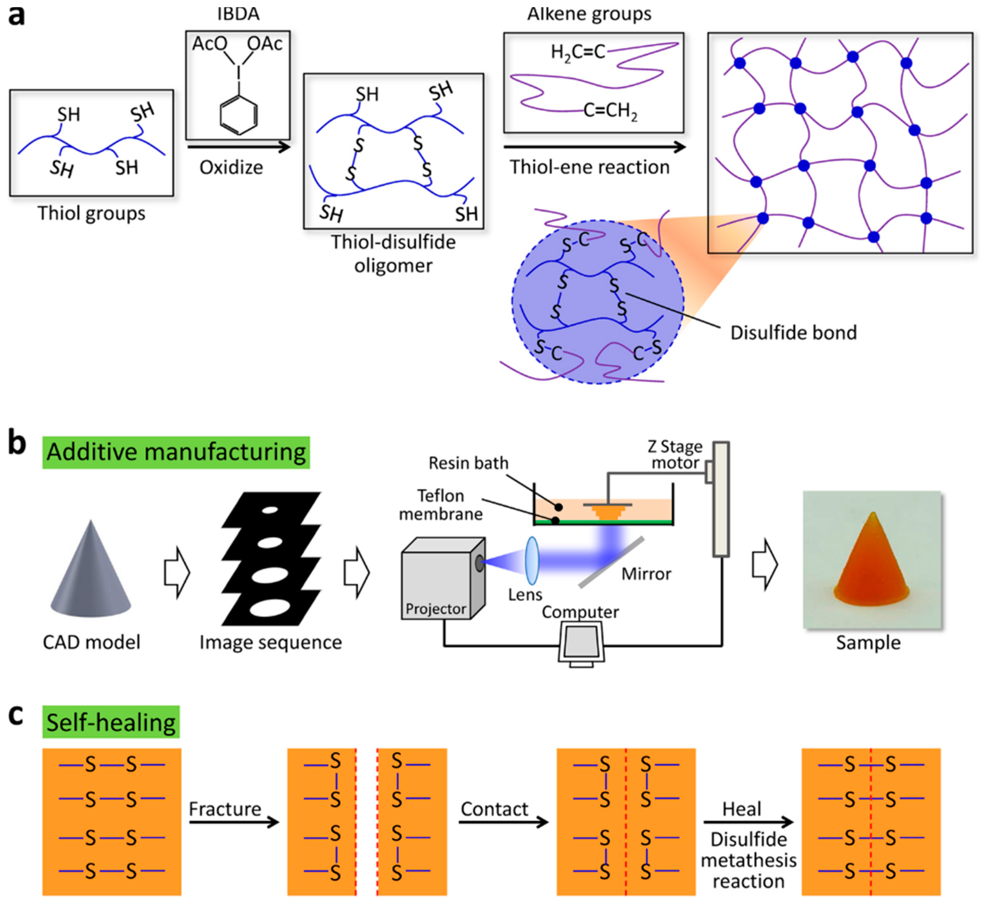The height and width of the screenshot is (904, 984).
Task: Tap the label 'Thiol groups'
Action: [92, 214]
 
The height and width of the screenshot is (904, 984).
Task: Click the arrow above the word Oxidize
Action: [239, 146]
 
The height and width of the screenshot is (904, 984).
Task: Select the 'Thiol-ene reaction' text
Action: [590, 167]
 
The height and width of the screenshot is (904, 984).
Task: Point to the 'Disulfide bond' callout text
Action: [793, 333]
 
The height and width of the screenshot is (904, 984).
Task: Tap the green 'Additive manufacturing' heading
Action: [176, 452]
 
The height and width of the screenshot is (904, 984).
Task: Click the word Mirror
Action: [646, 574]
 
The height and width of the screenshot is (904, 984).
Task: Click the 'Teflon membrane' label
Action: [441, 505]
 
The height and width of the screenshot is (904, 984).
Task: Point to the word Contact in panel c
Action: [495, 809]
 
